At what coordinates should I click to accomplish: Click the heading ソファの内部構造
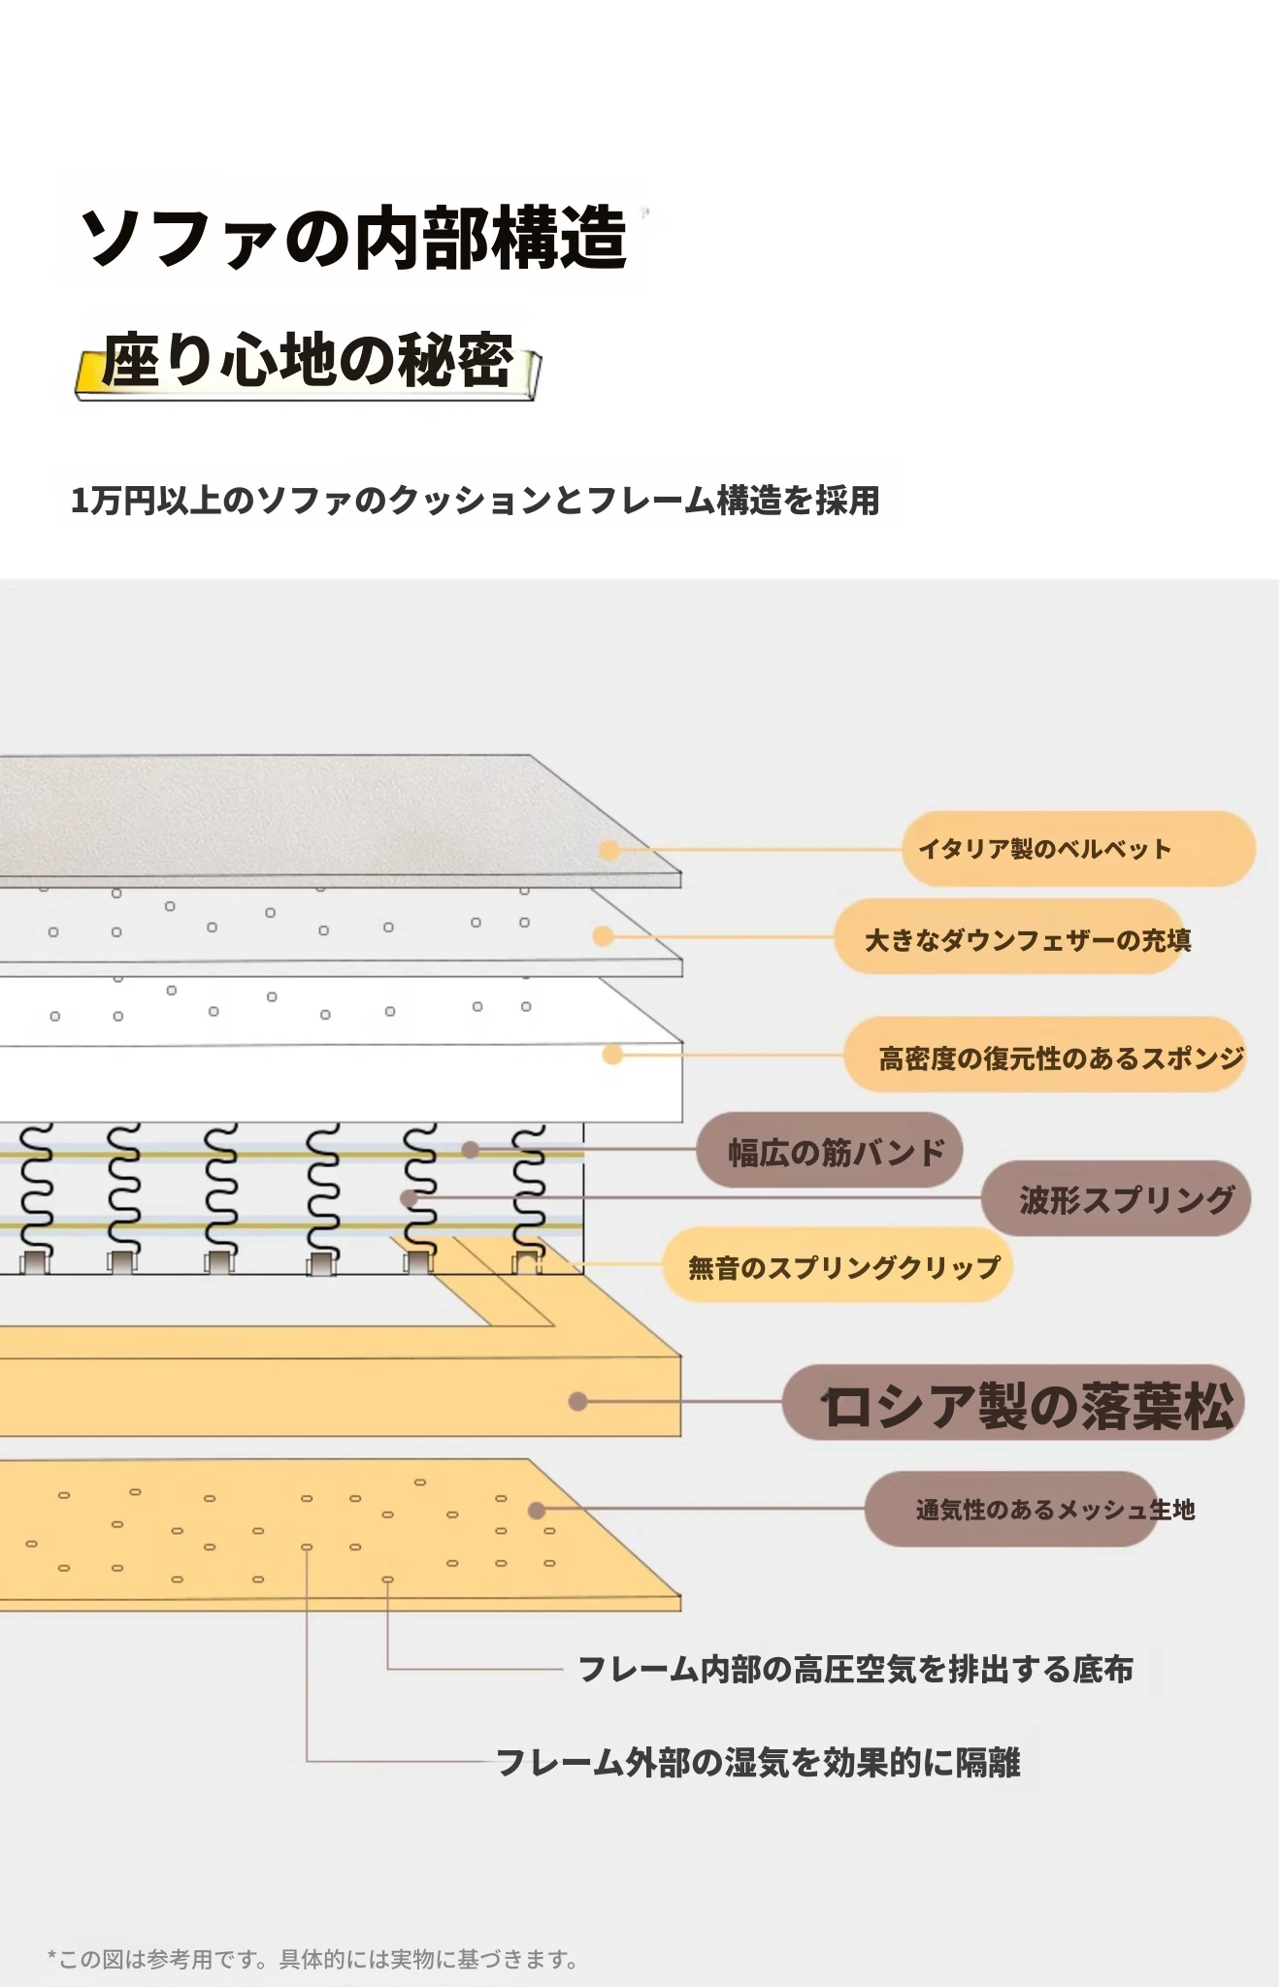coord(355,238)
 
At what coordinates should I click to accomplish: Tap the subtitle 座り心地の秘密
coord(308,360)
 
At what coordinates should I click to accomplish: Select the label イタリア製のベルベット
coord(1044,849)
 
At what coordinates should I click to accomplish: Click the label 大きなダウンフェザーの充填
coord(1028,939)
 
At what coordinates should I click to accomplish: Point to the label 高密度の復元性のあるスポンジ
coord(1061,1058)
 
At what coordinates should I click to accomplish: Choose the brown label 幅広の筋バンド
coord(836,1152)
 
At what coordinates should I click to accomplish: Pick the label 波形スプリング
coord(1127,1200)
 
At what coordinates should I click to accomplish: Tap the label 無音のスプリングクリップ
coord(843,1267)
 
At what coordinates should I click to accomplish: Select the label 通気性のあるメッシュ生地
coord(1055,1510)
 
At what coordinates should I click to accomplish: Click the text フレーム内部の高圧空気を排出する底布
coord(855,1669)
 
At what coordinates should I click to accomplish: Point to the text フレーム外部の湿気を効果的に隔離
coord(758,1762)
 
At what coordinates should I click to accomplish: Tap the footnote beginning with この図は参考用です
coord(313,1959)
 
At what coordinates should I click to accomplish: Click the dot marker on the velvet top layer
coord(609,850)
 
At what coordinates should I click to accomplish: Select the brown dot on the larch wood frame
coord(577,1401)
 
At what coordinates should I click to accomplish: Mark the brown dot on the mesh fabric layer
coord(536,1510)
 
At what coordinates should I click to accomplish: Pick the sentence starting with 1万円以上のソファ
coord(476,501)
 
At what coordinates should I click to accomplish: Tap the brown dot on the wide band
coord(470,1150)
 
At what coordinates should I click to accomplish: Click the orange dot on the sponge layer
coord(612,1054)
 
